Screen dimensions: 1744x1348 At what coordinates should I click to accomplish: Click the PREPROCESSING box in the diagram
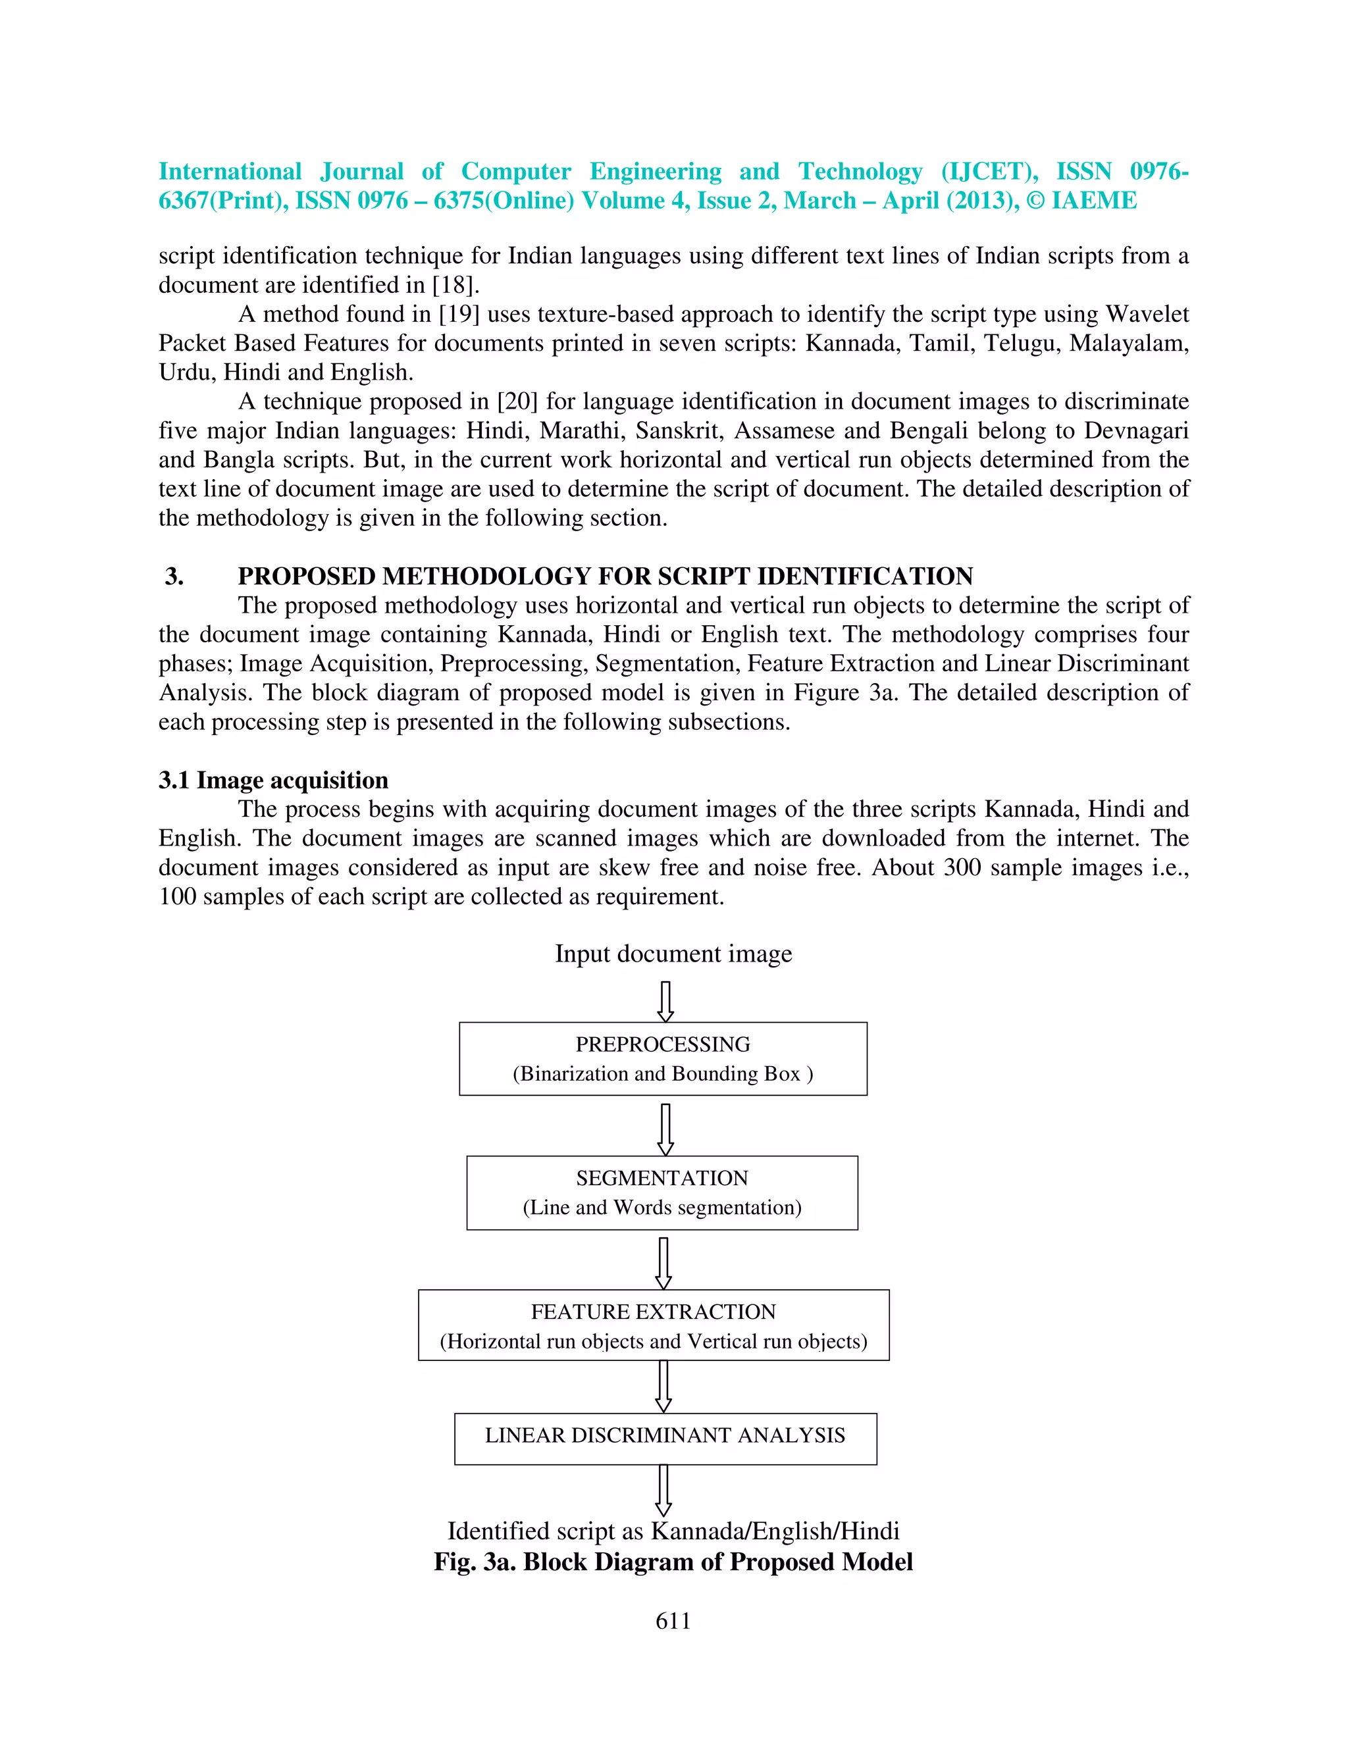(663, 1058)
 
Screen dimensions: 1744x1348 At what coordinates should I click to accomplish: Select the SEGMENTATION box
(662, 1193)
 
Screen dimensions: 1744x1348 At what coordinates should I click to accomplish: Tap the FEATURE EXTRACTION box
(653, 1325)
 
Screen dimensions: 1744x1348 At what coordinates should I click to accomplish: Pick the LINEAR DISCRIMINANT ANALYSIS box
(665, 1438)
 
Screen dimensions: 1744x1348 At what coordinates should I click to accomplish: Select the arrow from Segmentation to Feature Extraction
(663, 1262)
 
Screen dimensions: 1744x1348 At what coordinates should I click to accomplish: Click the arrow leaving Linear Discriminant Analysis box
(663, 1490)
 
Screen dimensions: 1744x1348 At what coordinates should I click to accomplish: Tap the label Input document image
(673, 954)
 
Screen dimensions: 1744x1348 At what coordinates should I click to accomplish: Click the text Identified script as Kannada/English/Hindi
(673, 1531)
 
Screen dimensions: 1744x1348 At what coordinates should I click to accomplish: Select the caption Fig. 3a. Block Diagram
(673, 1562)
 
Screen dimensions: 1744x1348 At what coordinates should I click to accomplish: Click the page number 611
(673, 1620)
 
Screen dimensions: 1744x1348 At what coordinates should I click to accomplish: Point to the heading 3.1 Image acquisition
(273, 780)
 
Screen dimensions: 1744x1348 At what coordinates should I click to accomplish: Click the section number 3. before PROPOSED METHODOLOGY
(174, 576)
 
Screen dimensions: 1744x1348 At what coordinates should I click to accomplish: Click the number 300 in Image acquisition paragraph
(962, 867)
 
